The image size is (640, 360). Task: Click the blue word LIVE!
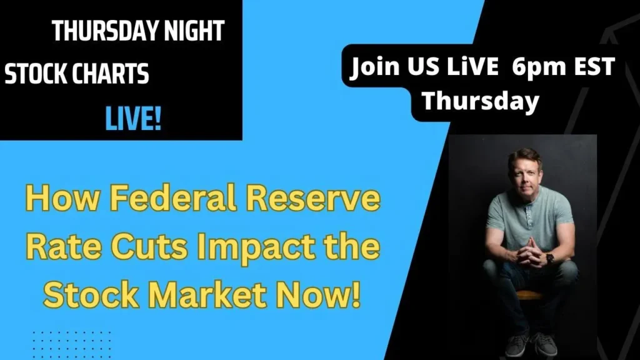pyautogui.click(x=133, y=119)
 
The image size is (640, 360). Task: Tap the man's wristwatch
pyautogui.click(x=549, y=258)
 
